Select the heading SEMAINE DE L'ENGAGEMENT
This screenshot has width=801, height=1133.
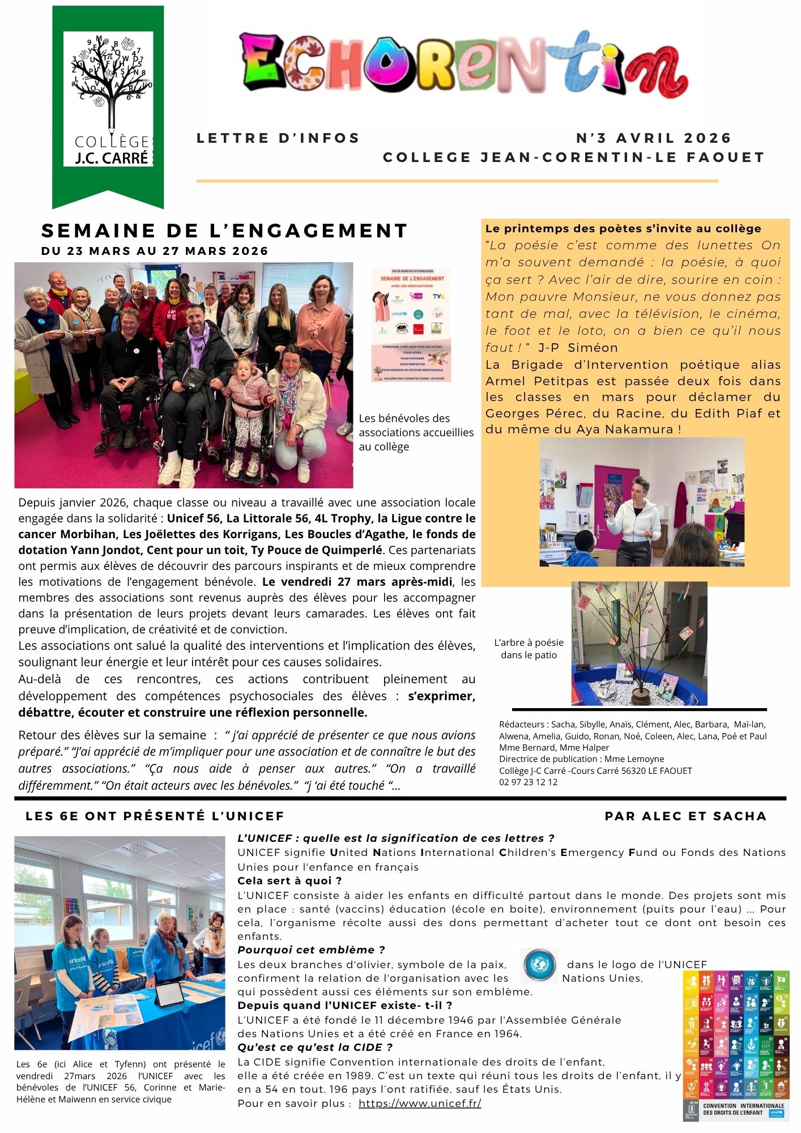pos(224,231)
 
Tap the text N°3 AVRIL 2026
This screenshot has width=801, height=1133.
pos(653,138)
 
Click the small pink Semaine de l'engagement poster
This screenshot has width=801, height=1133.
pos(411,325)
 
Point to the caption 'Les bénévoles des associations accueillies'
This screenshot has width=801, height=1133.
pos(416,432)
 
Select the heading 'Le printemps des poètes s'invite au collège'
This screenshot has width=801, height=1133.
pos(623,228)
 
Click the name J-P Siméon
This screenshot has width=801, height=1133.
pos(578,347)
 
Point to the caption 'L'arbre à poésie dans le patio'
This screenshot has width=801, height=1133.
pos(529,649)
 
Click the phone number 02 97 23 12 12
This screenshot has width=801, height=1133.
pos(528,782)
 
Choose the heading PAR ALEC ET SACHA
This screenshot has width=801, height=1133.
pos(685,816)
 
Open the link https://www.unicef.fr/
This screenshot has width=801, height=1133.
pos(420,1103)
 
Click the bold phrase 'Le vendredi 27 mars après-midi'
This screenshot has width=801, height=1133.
pos(357,582)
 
